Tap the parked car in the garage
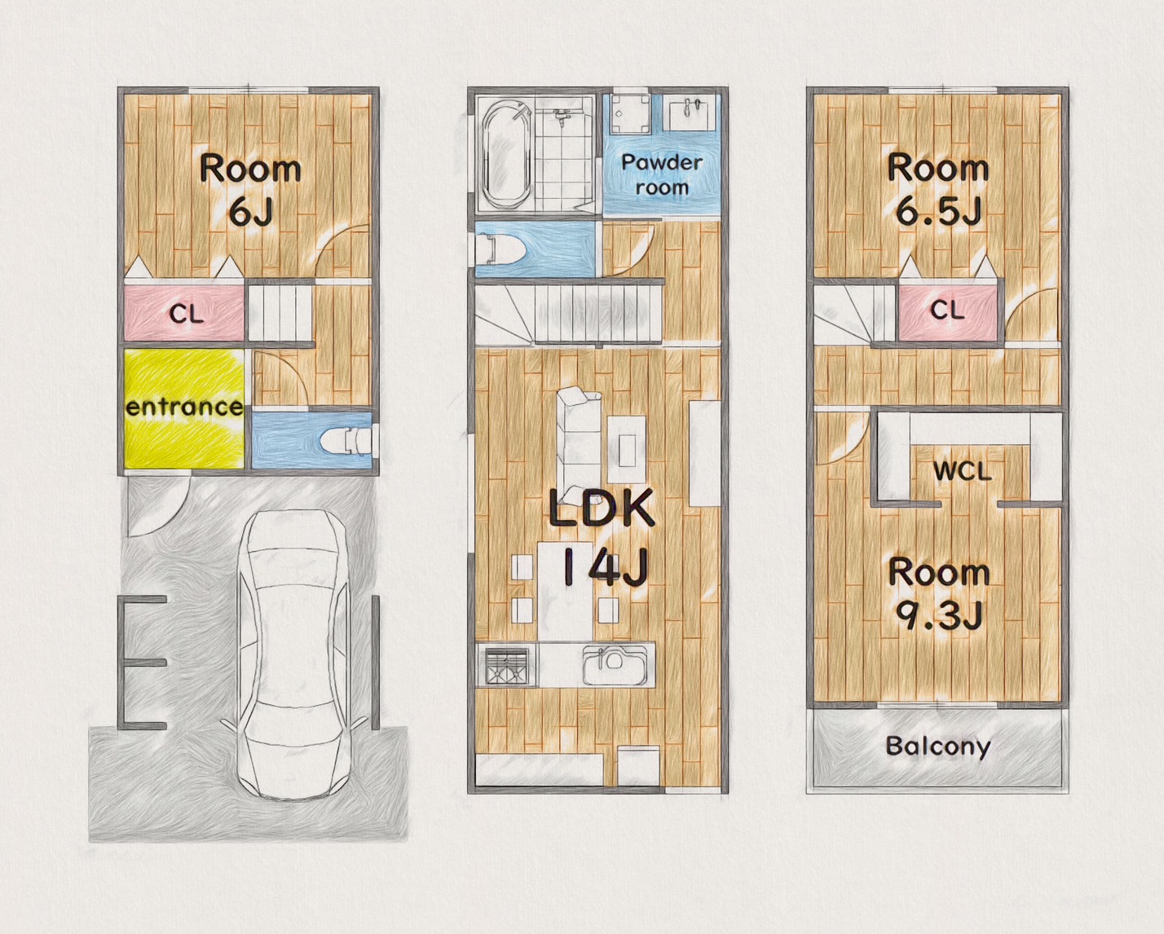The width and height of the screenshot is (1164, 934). (295, 654)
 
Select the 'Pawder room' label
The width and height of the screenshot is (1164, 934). (662, 174)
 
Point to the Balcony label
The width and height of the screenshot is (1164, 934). (938, 747)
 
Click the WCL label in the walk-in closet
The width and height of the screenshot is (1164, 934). (963, 472)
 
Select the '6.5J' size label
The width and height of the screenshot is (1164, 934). (938, 211)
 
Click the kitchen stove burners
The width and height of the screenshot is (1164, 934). (507, 667)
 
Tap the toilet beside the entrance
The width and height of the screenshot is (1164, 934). (349, 439)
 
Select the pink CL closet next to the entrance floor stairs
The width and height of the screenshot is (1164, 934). (184, 314)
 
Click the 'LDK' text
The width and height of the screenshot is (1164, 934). (602, 509)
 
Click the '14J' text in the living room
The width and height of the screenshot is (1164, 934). (605, 570)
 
